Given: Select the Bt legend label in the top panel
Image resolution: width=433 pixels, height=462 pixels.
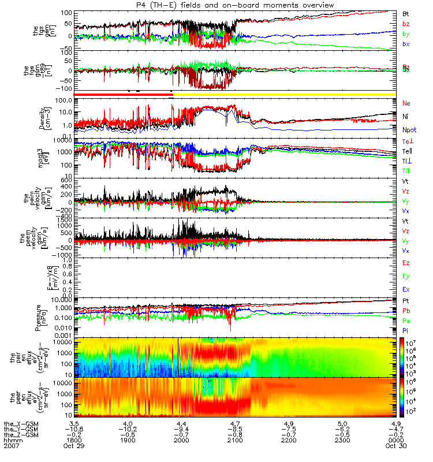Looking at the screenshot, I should click(406, 13).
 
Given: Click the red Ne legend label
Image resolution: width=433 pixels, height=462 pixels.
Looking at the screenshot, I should click(406, 103).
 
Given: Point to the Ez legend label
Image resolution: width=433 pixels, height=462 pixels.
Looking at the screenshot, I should click(406, 263).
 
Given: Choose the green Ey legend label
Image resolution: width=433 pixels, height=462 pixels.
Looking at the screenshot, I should click(406, 276).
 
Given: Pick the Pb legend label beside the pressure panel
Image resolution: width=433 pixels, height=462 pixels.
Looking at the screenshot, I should click(406, 311).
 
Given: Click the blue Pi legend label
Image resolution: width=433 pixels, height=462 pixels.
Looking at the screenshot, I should click(406, 330).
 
